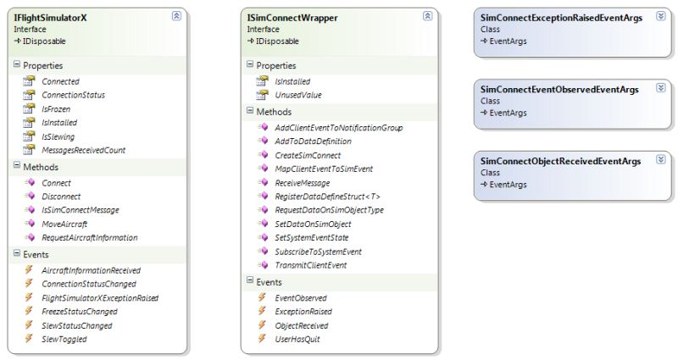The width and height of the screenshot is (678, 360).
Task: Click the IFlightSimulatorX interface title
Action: pos(50,18)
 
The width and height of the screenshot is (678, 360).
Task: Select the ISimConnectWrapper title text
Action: pos(292,18)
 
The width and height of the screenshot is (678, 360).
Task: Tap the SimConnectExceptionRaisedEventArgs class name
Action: pos(561,18)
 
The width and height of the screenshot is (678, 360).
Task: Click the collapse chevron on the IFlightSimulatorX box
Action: pos(176,16)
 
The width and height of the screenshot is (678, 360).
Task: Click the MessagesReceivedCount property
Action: pos(83,151)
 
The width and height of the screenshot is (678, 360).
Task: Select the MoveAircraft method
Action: pos(64,224)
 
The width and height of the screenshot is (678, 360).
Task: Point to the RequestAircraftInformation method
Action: pos(90,238)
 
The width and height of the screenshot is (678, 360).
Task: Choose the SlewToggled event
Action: pos(64,340)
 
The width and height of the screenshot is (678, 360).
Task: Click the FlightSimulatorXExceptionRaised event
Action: pos(100,298)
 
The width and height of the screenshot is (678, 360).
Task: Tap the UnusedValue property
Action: pos(298,95)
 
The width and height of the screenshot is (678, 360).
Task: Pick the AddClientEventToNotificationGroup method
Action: pos(338,128)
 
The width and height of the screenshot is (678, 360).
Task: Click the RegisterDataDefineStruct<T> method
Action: pos(327,197)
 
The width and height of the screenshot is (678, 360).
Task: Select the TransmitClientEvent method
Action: pos(311,265)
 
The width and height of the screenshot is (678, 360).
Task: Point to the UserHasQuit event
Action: pos(297,340)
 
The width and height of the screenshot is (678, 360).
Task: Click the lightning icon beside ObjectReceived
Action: pos(262,324)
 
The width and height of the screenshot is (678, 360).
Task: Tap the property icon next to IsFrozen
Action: pos(29,108)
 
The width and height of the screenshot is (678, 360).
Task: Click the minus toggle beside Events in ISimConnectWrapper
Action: pos(250,280)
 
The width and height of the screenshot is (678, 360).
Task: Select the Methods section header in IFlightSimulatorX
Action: pos(41,167)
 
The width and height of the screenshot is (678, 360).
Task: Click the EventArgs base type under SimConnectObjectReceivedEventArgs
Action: pos(508,185)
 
